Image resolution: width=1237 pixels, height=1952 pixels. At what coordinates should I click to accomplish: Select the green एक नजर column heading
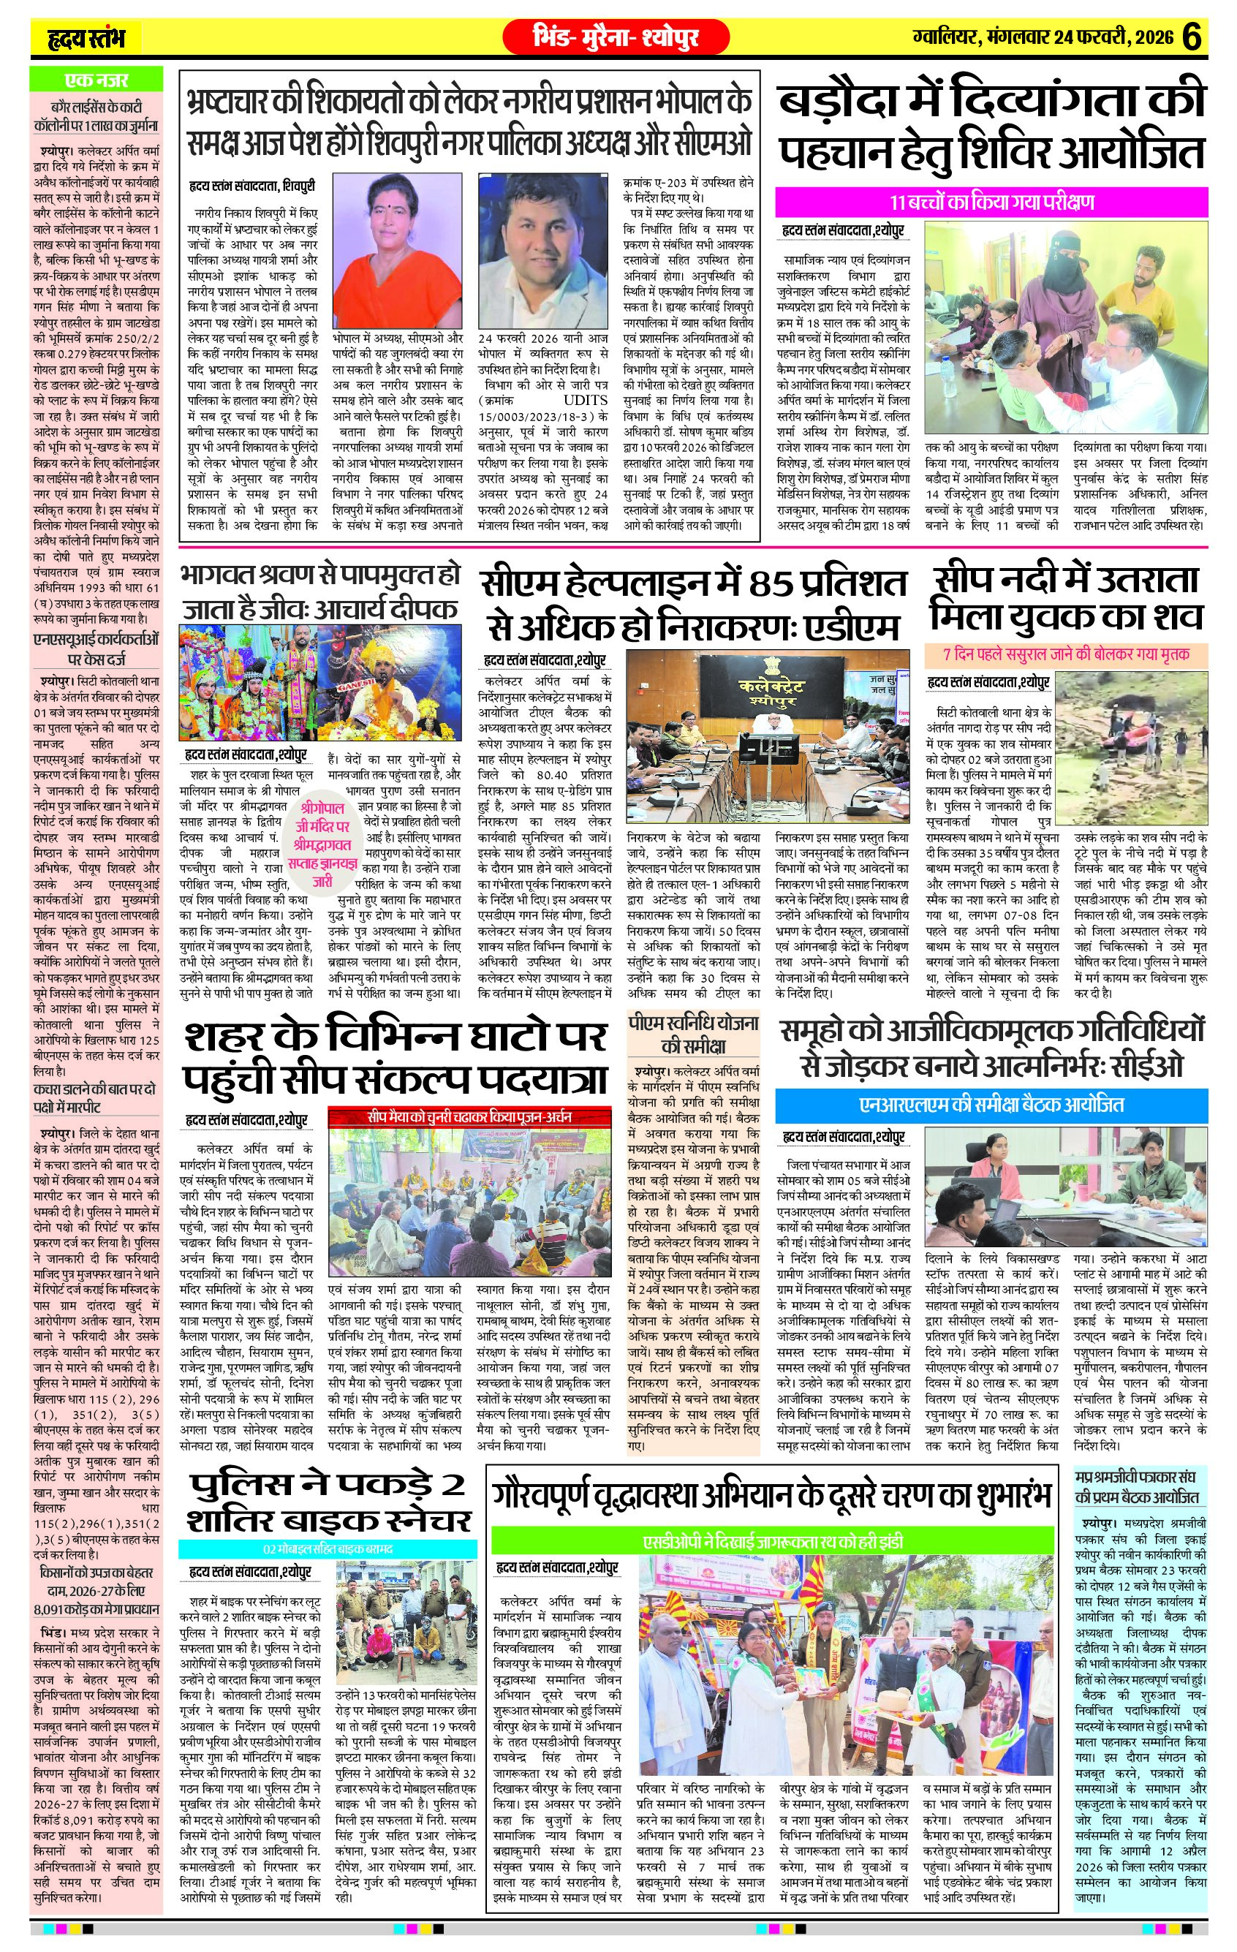(97, 80)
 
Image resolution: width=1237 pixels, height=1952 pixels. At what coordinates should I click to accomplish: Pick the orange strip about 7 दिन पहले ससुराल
(1066, 654)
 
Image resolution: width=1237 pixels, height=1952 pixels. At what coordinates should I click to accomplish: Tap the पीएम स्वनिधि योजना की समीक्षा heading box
(694, 1034)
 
